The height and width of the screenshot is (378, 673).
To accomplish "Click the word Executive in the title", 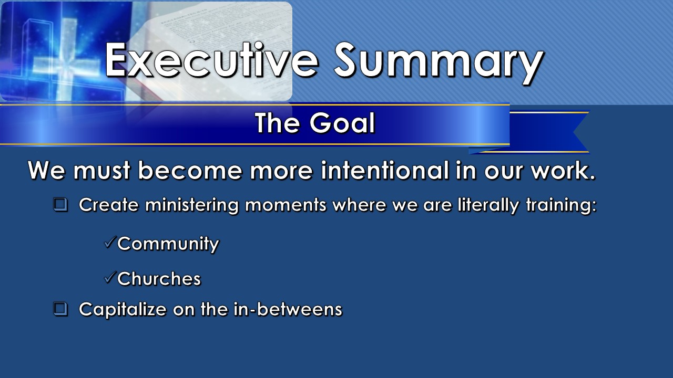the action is coord(211,60).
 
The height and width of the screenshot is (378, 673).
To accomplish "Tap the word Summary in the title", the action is coord(439,64).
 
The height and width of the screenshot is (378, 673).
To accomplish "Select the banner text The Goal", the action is coord(315,123).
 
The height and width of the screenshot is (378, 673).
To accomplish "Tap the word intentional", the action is coord(385,170).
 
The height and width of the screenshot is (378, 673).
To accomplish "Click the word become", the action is coord(190,170).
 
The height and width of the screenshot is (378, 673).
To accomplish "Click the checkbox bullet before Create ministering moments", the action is coord(60,205).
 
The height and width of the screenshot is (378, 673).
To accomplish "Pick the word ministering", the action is coord(192,205).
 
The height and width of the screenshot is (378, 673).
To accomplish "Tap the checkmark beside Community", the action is coord(110,242).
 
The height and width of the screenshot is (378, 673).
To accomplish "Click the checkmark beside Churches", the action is coord(110,278).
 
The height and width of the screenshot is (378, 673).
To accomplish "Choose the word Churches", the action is coord(159,279).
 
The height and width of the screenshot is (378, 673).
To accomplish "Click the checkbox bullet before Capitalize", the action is coord(60,309).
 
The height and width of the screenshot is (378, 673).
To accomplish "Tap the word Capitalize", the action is coord(123,310).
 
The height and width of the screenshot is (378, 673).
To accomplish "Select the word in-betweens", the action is coord(288,309).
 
